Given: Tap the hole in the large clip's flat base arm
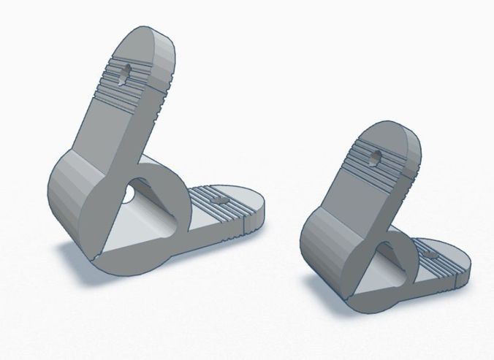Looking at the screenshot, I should [x=216, y=198].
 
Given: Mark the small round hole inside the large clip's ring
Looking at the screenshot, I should [x=129, y=194].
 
